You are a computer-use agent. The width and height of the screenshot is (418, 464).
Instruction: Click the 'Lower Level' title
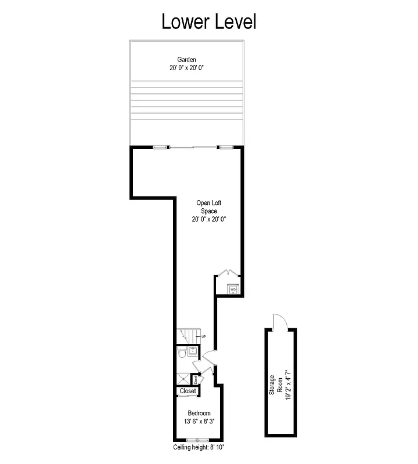(208, 21)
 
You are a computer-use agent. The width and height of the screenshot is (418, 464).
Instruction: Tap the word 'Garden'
(187, 59)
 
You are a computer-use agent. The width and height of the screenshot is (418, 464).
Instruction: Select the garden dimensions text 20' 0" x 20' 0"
(187, 68)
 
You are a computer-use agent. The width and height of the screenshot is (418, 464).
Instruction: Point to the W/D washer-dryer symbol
(233, 289)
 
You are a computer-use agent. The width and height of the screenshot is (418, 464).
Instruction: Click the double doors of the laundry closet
(228, 273)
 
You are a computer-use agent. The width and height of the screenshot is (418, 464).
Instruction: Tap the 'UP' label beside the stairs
(203, 337)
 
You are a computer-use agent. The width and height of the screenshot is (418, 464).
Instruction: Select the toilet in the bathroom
(182, 353)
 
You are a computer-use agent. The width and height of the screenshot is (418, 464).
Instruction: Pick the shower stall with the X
(183, 378)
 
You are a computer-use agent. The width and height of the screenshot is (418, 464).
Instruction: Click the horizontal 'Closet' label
(188, 391)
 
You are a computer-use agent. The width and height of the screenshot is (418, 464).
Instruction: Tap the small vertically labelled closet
(196, 379)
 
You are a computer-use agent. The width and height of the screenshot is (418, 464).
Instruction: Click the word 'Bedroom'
(199, 413)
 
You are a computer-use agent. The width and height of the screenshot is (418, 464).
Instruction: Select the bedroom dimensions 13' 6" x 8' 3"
(199, 422)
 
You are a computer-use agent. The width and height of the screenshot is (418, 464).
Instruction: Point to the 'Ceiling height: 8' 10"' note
(199, 448)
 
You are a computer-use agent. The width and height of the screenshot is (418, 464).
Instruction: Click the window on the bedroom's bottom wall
(198, 439)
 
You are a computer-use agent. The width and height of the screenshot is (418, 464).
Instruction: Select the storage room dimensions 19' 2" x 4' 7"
(287, 383)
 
